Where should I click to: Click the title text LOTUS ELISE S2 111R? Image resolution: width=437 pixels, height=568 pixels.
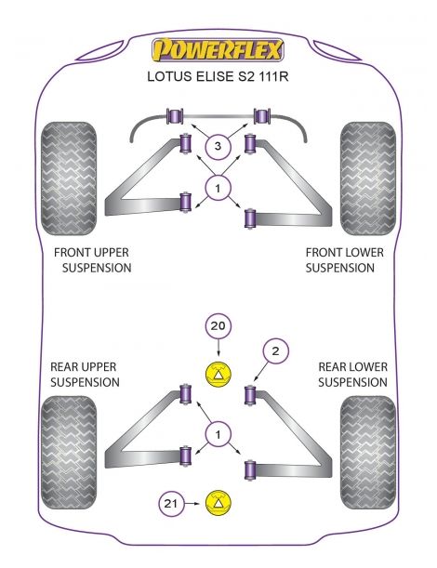218,77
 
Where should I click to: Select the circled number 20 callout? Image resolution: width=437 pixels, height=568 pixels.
217,326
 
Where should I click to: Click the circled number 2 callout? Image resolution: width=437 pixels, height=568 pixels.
274,350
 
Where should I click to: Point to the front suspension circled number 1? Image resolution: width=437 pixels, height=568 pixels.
218,191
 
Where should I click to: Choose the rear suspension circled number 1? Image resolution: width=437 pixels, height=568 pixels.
218,432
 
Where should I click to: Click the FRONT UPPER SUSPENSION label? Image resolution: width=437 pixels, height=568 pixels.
92,259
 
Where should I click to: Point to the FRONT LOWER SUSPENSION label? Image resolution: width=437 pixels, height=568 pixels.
339,259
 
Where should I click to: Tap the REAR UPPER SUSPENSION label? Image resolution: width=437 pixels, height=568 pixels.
85,375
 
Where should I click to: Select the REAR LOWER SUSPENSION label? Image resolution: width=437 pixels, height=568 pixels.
352,375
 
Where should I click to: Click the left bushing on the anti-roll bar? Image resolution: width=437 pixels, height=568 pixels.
173,118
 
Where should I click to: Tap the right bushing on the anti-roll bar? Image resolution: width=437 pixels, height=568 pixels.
262,118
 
